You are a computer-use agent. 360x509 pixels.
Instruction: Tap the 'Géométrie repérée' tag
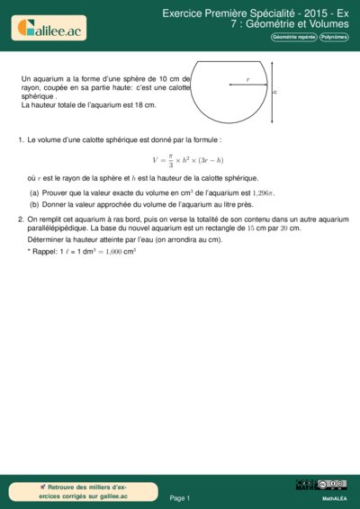[x=294, y=37]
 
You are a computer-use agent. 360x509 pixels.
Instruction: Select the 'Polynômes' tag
[x=336, y=37]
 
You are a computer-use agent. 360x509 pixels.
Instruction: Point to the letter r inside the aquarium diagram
[x=247, y=80]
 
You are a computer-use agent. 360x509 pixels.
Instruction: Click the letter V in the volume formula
[x=155, y=159]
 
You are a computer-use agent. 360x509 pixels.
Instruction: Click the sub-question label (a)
[x=34, y=192]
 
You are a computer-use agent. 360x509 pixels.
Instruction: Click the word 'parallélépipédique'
[x=62, y=228]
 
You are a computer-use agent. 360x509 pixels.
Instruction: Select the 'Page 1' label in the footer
[x=180, y=497]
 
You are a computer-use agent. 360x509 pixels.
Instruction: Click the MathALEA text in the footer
[x=335, y=497]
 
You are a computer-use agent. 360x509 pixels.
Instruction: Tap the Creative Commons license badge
[x=321, y=486]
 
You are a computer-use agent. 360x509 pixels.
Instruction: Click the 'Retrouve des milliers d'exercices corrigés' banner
[x=84, y=491]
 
